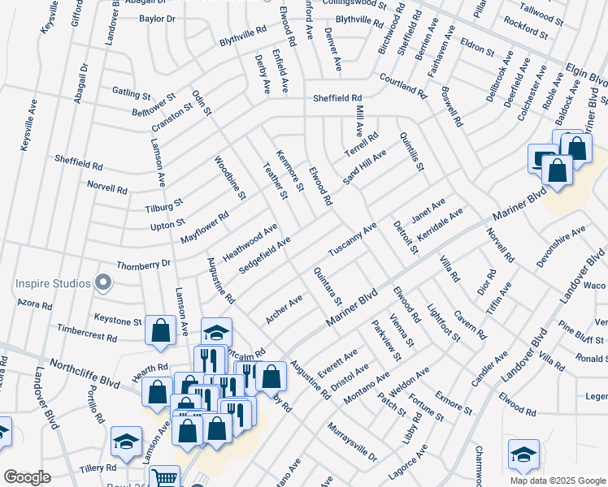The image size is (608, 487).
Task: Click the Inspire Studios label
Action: pyautogui.click(x=50, y=283)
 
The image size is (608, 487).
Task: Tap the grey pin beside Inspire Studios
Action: pyautogui.click(x=102, y=283)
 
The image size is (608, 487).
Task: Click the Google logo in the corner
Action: pyautogui.click(x=27, y=477)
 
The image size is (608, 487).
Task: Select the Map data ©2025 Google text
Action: pyautogui.click(x=557, y=481)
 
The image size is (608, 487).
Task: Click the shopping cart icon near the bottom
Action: pyautogui.click(x=165, y=477)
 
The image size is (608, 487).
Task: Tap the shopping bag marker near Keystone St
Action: pyautogui.click(x=160, y=330)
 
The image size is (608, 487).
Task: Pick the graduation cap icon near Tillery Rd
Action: pyautogui.click(x=126, y=441)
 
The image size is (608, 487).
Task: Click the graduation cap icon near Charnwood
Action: pyautogui.click(x=523, y=455)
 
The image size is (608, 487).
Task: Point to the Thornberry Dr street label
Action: pyautogui.click(x=143, y=264)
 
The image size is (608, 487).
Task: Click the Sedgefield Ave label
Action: pyautogui.click(x=266, y=255)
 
